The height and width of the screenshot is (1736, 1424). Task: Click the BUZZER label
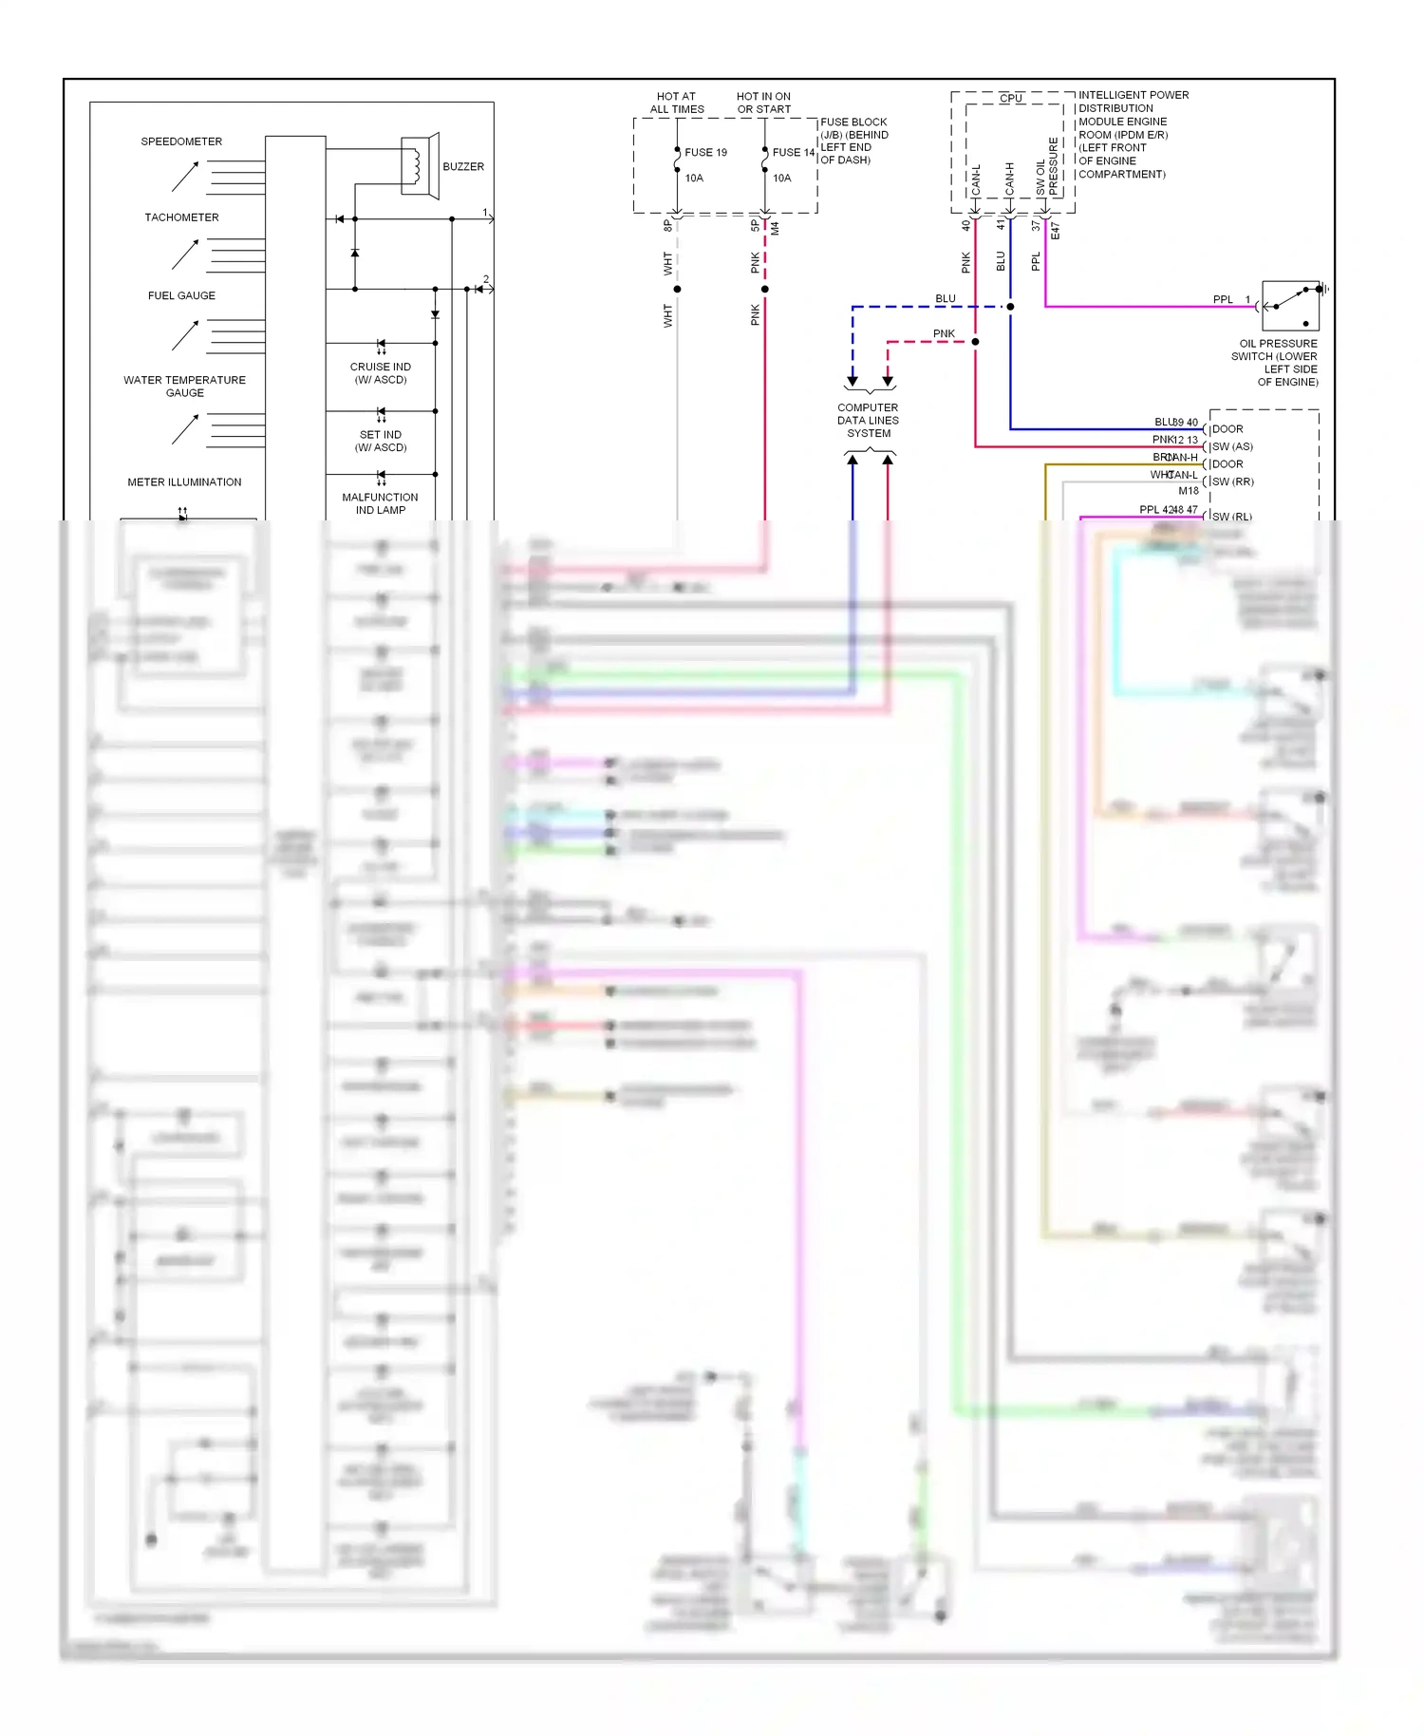click(463, 166)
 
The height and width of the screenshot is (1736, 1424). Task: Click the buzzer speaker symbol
click(419, 166)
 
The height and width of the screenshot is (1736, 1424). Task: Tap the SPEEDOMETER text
click(181, 142)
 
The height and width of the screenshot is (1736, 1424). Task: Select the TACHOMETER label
click(181, 217)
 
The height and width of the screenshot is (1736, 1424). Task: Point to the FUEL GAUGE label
click(181, 295)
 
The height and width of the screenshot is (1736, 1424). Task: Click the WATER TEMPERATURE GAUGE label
click(184, 386)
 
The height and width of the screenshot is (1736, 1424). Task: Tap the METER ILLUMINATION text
click(184, 482)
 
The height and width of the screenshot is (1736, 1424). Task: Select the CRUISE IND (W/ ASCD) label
click(380, 373)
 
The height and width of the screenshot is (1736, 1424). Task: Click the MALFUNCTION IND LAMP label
click(380, 503)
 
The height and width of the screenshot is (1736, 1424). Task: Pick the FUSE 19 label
click(705, 152)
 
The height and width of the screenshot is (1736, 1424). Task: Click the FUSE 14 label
click(793, 152)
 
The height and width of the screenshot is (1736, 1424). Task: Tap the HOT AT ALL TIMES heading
click(676, 103)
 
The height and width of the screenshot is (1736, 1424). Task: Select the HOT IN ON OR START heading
click(763, 103)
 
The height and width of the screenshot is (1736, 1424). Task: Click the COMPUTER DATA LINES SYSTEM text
click(868, 420)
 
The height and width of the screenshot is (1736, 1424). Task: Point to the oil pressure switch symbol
click(1290, 306)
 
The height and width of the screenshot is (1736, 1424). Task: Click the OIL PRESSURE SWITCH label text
click(1278, 363)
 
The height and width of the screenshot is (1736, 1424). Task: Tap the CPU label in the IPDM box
click(1010, 98)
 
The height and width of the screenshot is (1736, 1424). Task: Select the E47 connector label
click(1056, 231)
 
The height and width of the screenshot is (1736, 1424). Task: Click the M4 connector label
click(776, 228)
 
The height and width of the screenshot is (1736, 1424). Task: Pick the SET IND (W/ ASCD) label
click(381, 441)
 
